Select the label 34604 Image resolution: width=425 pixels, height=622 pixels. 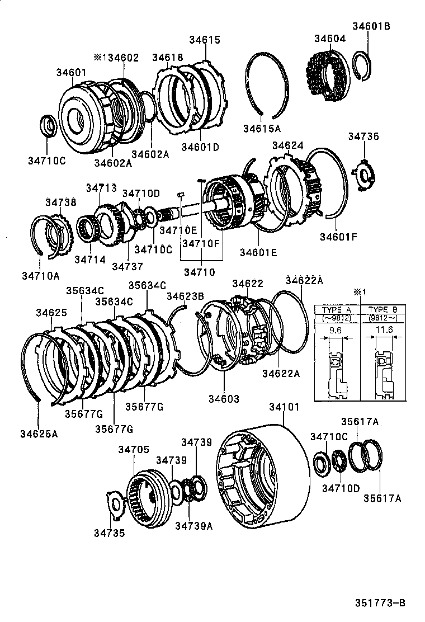tap(329, 39)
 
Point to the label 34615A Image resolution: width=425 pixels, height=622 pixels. tap(261, 128)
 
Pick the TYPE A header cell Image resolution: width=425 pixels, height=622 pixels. tap(336, 309)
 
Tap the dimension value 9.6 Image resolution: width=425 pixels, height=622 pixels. tap(336, 331)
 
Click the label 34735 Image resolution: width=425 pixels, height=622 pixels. tap(109, 533)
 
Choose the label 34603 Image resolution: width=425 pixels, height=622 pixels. tap(224, 399)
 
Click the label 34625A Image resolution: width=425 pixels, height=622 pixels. tap(39, 433)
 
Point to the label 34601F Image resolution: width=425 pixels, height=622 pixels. tap(338, 236)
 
